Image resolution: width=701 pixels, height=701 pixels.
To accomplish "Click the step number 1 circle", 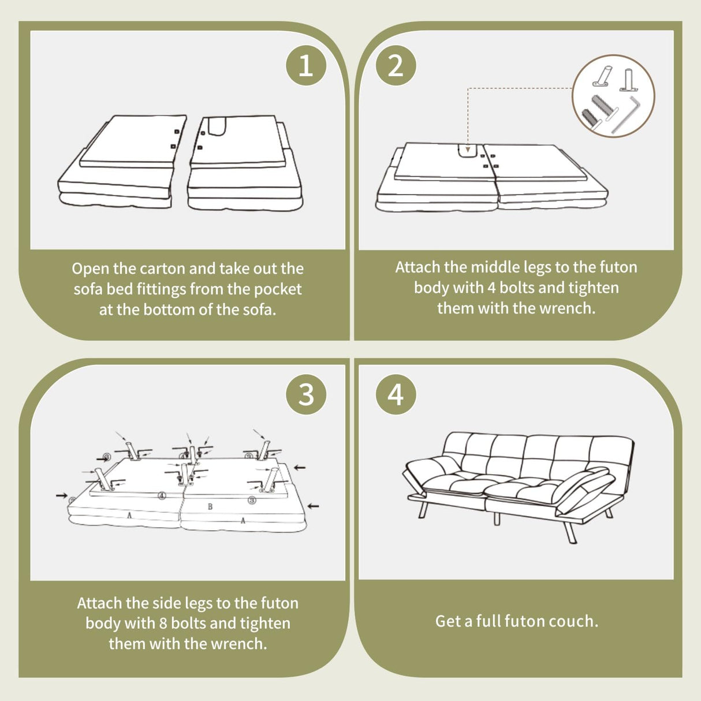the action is pyautogui.click(x=306, y=66).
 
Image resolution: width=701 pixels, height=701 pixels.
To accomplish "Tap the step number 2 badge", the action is pyautogui.click(x=396, y=66).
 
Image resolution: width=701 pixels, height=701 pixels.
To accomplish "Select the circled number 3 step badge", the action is pyautogui.click(x=306, y=394).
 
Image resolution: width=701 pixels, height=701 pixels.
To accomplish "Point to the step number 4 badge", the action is pyautogui.click(x=396, y=394).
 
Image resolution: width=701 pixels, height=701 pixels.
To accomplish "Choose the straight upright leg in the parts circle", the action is pyautogui.click(x=628, y=80).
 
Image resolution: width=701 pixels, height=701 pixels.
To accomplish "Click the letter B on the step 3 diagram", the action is pyautogui.click(x=210, y=506).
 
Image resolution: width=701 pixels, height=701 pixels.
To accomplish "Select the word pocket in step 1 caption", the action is pyautogui.click(x=278, y=289).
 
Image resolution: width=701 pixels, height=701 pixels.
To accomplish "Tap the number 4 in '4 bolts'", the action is pyautogui.click(x=491, y=288).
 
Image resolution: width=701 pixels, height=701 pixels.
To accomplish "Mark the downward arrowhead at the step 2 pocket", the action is pyautogui.click(x=468, y=149).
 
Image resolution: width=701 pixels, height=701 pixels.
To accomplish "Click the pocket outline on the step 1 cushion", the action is pyautogui.click(x=218, y=126).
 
